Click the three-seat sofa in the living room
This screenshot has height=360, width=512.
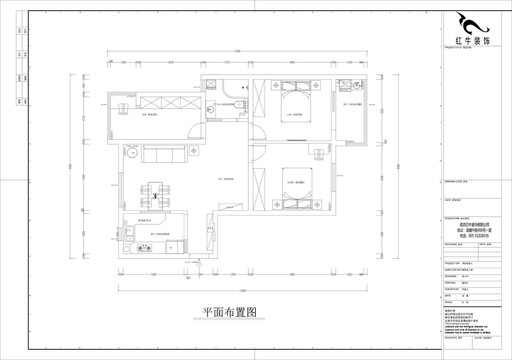pos(164,154)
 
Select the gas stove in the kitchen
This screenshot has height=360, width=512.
pos(144,247)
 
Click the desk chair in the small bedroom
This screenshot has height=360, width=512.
pos(319,154)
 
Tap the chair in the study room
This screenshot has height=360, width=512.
pos(124,109)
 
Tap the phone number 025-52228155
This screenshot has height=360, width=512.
pos(474,236)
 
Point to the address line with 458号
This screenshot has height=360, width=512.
pos(474,230)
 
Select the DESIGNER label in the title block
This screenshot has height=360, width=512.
pos(451,276)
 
